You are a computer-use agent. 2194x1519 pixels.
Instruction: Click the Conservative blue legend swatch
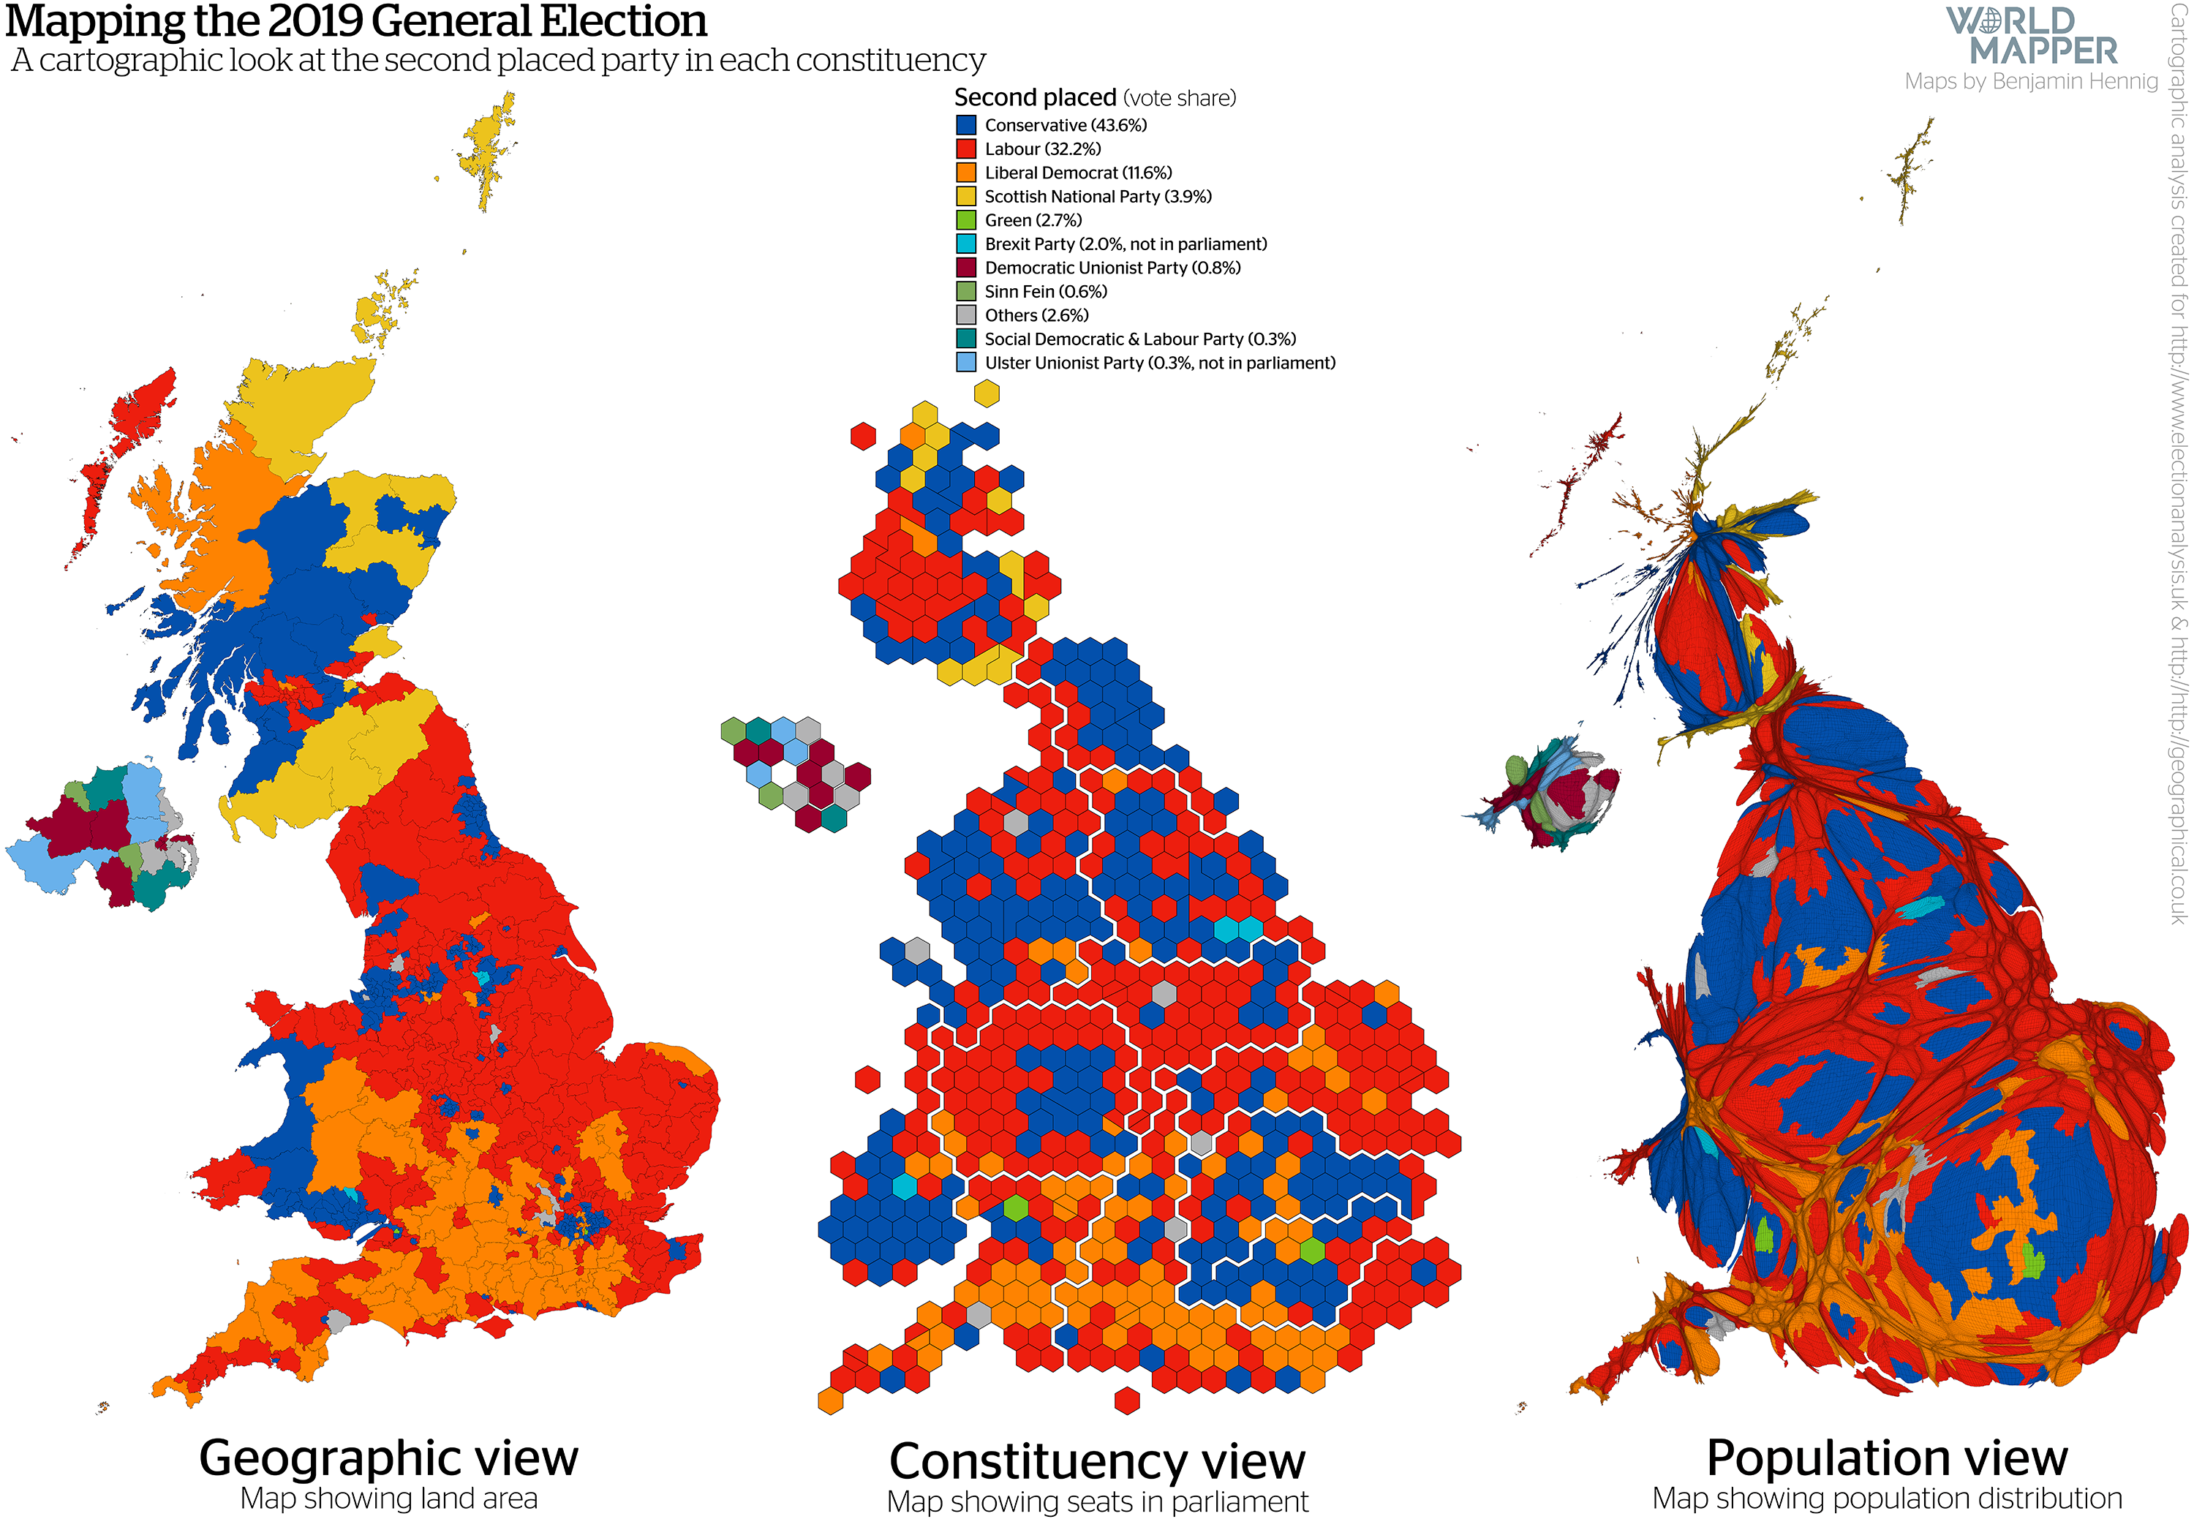[966, 124]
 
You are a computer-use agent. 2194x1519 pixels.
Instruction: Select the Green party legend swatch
[966, 220]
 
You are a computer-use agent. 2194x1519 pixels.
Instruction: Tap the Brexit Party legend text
[1125, 244]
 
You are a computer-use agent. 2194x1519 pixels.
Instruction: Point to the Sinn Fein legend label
[1045, 291]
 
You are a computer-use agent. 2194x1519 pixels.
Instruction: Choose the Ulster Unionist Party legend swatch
[966, 363]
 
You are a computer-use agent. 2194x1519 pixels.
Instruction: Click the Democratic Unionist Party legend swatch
[966, 268]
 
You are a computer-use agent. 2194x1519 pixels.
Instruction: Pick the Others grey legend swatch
[966, 315]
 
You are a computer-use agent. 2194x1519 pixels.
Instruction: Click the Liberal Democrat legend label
[1077, 173]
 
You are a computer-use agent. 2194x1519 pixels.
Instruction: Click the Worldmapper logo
[2030, 36]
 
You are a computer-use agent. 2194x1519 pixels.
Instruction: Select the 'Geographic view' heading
[388, 1458]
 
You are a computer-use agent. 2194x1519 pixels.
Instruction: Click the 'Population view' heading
[1887, 1458]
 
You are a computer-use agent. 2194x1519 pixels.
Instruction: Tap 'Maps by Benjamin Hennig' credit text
[2030, 82]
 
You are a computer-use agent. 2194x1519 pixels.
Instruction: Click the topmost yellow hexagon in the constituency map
[986, 393]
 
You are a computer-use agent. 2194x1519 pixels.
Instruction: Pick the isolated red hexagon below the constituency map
[1127, 1400]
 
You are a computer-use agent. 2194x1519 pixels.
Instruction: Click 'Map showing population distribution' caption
[1887, 1498]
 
